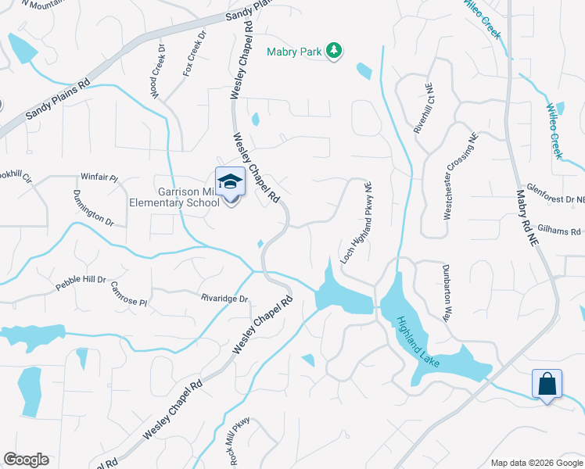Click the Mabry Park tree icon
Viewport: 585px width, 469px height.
pyautogui.click(x=335, y=50)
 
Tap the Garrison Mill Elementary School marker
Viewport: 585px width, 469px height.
pyautogui.click(x=231, y=183)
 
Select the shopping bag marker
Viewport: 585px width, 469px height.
pyautogui.click(x=546, y=384)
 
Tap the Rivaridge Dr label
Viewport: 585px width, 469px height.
pyautogui.click(x=224, y=299)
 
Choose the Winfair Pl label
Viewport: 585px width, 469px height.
pyautogui.click(x=99, y=178)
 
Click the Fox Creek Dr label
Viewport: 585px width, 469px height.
pyautogui.click(x=194, y=54)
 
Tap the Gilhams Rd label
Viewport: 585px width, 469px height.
pyautogui.click(x=565, y=232)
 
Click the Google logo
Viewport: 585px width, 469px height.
pyautogui.click(x=26, y=460)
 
